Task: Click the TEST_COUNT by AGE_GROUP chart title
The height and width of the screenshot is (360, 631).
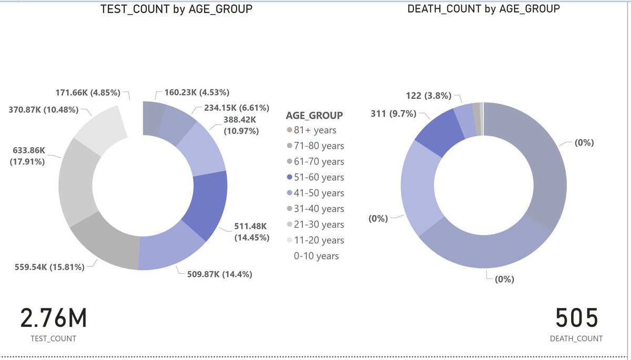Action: (176, 9)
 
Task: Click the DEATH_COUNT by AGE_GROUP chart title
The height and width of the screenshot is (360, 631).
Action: (483, 9)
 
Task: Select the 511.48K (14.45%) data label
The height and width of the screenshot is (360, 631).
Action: (251, 232)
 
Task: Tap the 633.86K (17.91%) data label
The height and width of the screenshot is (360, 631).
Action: (27, 156)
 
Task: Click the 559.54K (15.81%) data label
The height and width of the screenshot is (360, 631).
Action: (50, 267)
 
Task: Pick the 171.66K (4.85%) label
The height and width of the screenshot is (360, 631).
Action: (89, 93)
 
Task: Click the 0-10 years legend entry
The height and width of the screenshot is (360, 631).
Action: (316, 256)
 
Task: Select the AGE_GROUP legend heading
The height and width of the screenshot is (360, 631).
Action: (314, 115)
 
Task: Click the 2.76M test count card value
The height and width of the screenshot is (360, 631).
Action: (53, 319)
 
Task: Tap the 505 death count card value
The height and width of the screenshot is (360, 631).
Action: (577, 319)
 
